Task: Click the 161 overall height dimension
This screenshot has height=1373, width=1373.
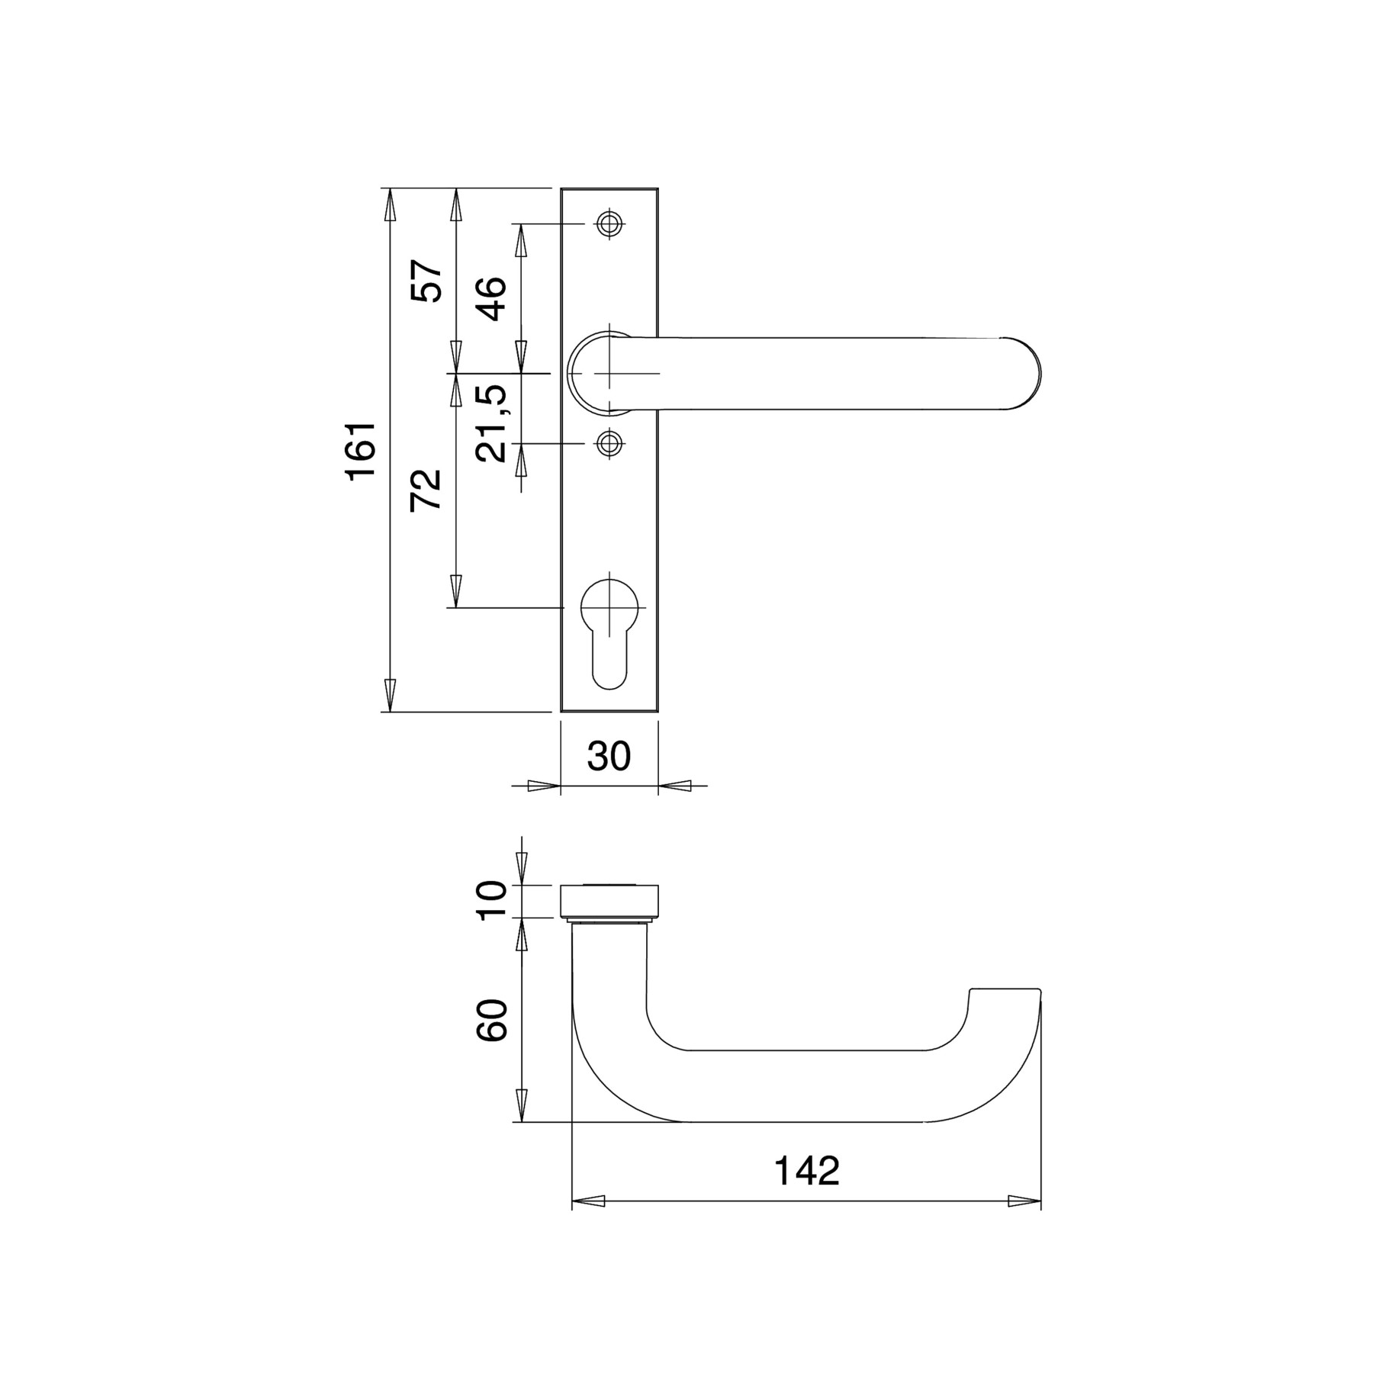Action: coord(362,450)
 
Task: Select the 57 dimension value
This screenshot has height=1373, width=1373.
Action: coord(426,281)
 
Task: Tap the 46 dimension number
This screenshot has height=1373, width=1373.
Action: coord(490,298)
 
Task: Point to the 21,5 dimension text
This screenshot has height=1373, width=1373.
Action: coord(490,423)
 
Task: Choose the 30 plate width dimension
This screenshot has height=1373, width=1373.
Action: coord(609,756)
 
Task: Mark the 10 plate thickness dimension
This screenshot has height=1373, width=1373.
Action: coord(491,900)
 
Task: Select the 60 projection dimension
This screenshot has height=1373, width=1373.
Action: coord(491,1020)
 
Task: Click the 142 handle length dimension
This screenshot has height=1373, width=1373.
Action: coord(807,1171)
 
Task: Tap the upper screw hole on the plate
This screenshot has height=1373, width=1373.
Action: coord(609,224)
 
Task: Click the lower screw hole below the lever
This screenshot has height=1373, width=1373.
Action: coord(609,442)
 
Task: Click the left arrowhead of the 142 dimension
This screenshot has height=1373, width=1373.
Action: coord(588,1201)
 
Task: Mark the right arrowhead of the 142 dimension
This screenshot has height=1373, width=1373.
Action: coord(1024,1201)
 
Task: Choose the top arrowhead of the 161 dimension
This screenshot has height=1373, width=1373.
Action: coord(390,204)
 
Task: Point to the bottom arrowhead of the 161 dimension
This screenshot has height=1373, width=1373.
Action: coord(390,695)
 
